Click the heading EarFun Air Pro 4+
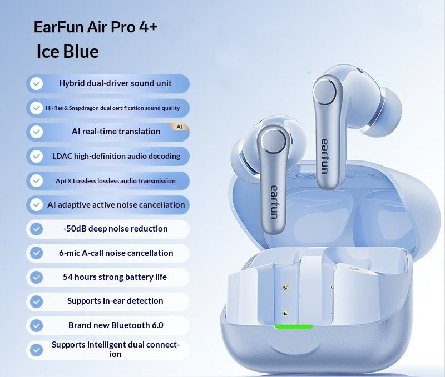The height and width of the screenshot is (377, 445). pyautogui.click(x=95, y=27)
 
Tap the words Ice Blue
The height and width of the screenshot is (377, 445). pyautogui.click(x=68, y=52)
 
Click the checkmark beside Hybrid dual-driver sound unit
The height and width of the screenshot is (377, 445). pyautogui.click(x=36, y=83)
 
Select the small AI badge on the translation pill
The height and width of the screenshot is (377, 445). pyautogui.click(x=179, y=127)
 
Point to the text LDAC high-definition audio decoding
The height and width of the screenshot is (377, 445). pyautogui.click(x=116, y=156)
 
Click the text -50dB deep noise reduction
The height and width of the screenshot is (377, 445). pyautogui.click(x=116, y=229)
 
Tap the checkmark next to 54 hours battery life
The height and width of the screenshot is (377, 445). pyautogui.click(x=36, y=277)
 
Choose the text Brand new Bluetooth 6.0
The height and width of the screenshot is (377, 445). pyautogui.click(x=116, y=325)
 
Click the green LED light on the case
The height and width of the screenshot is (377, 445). pyautogui.click(x=294, y=327)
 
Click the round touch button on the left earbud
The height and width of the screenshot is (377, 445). pyautogui.click(x=274, y=142)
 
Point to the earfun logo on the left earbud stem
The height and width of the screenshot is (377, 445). pyautogui.click(x=274, y=202)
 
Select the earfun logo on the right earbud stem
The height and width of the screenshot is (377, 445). pyautogui.click(x=325, y=156)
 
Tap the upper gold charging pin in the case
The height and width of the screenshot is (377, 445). pyautogui.click(x=286, y=288)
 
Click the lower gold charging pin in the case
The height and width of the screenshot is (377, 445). pyautogui.click(x=286, y=313)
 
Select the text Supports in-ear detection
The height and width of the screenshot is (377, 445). pyautogui.click(x=115, y=301)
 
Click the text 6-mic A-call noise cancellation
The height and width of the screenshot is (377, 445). pyautogui.click(x=116, y=253)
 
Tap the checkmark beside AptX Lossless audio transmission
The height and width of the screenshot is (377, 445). pyautogui.click(x=36, y=180)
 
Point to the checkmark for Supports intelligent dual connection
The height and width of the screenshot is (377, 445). pyautogui.click(x=36, y=350)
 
